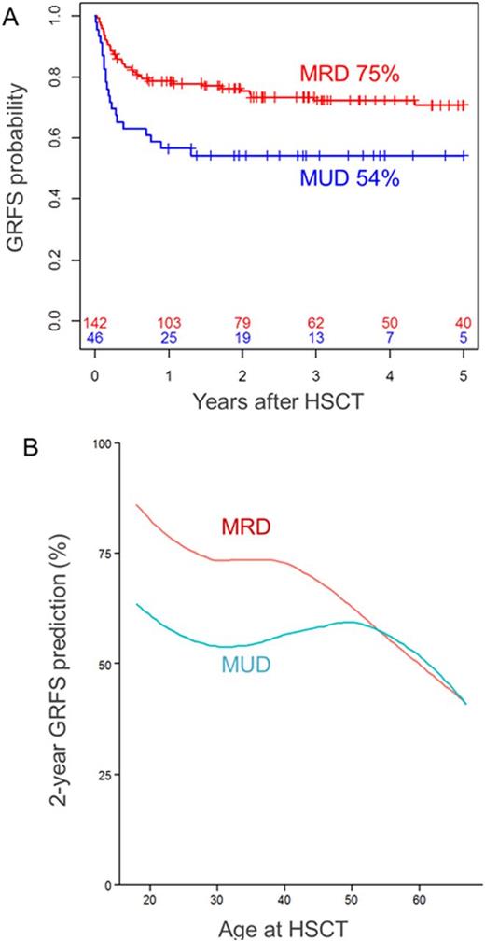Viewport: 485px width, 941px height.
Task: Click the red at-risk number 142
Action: click(96, 323)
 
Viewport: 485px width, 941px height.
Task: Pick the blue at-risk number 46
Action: click(96, 338)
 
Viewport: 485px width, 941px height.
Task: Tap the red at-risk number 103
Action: click(169, 323)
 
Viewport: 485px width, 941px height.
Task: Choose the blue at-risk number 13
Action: click(315, 338)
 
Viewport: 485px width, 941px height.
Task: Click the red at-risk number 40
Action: click(463, 323)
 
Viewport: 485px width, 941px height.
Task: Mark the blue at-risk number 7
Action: click(389, 338)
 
